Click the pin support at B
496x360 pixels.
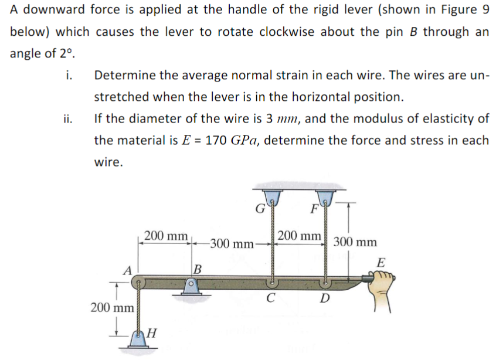[190, 286]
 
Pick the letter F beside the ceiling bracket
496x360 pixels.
[314, 207]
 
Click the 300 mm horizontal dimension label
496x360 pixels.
[232, 243]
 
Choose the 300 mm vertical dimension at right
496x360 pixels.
[355, 242]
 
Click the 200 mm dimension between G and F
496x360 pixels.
[299, 236]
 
